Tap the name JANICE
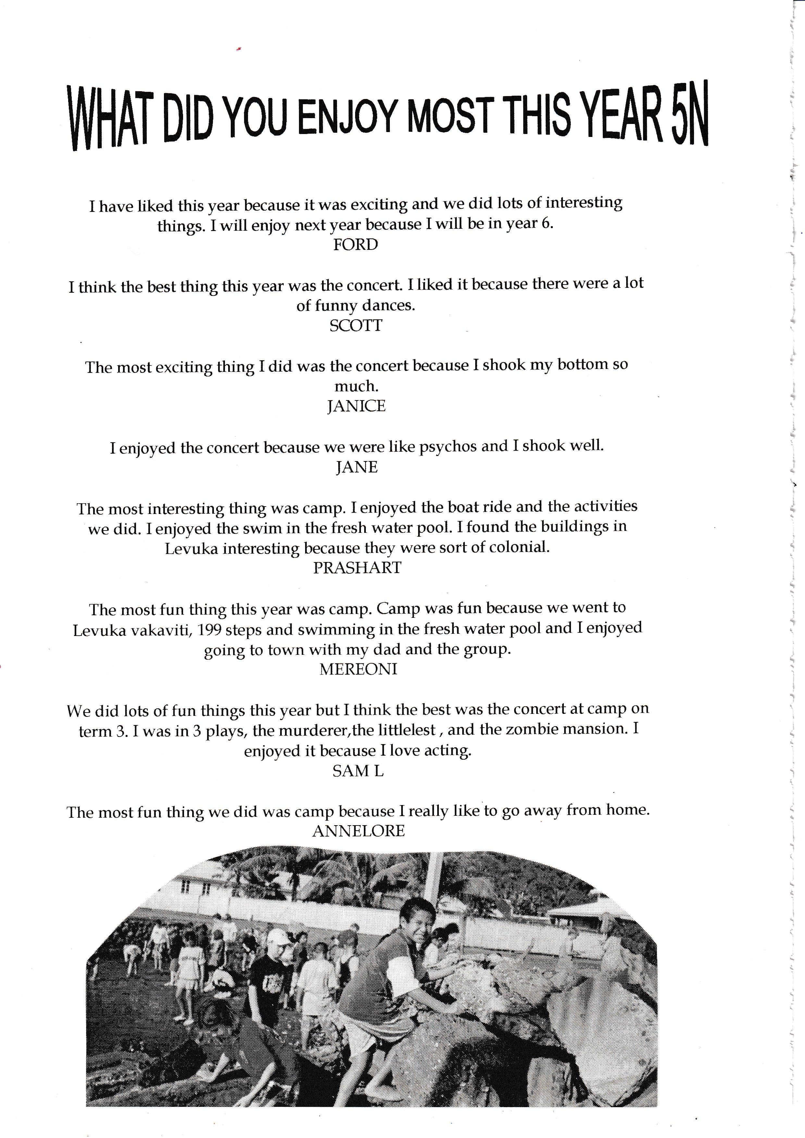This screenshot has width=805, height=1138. [x=356, y=406]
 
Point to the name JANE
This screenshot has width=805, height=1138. [x=356, y=467]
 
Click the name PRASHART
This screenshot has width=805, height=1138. [x=357, y=568]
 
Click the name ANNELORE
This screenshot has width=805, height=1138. [x=358, y=831]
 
